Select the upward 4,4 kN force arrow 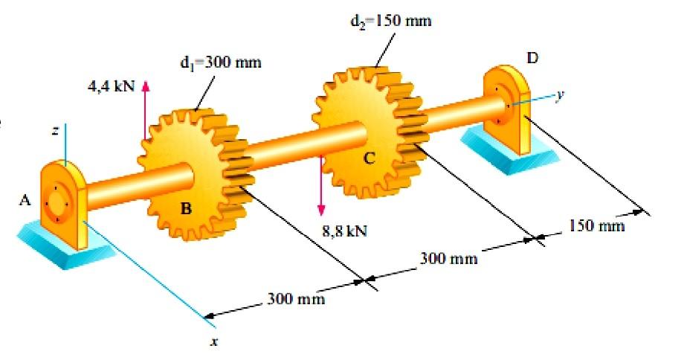tap(146, 108)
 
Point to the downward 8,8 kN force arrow tap(321, 186)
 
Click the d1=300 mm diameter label tap(220, 62)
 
